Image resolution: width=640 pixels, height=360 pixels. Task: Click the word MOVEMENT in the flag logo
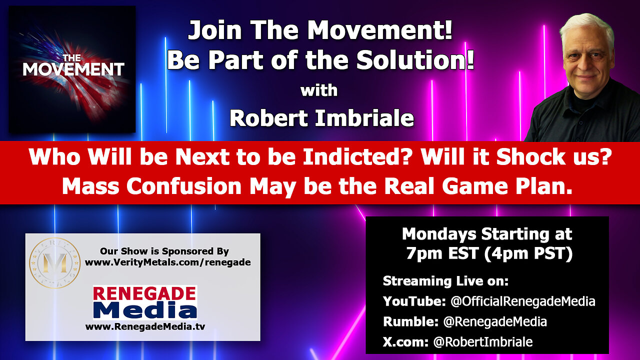(x=73, y=69)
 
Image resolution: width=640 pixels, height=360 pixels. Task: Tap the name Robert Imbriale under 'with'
(x=321, y=118)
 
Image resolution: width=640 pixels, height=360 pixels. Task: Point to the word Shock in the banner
(x=530, y=157)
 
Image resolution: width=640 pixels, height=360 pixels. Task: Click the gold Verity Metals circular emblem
(x=55, y=262)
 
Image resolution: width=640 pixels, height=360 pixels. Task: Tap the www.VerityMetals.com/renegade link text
(x=167, y=262)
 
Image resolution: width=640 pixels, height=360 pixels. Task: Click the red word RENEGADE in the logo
(x=144, y=293)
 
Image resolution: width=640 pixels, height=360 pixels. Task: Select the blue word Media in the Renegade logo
(x=145, y=310)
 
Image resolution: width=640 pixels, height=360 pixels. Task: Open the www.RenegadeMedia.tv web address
(x=145, y=326)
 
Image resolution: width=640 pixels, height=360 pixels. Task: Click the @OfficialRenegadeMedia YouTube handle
(x=523, y=301)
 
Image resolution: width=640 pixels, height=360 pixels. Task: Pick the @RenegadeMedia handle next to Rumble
(x=495, y=321)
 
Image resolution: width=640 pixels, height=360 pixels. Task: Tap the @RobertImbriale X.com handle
(x=483, y=342)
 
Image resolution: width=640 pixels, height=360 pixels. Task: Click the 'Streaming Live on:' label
(x=445, y=281)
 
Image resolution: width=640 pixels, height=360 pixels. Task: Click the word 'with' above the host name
(x=319, y=90)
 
